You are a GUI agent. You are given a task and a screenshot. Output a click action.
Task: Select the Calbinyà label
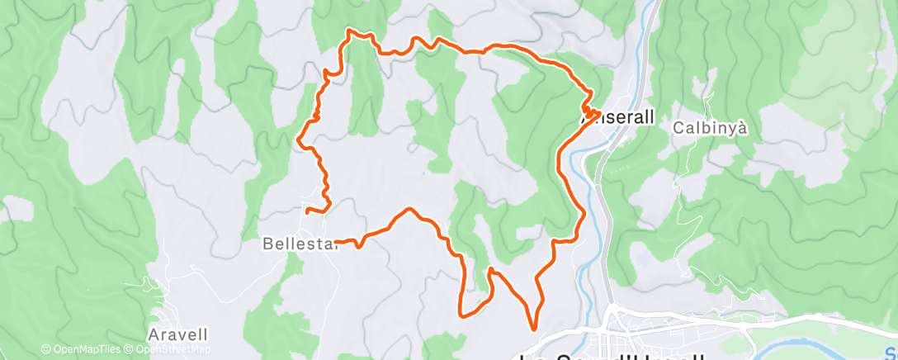click(x=710, y=128)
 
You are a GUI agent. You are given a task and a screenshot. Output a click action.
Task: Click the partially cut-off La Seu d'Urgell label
click(x=611, y=355)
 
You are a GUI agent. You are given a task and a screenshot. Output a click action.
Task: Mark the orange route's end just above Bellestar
click(x=308, y=212)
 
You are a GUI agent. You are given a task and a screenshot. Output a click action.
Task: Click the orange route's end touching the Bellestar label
click(x=339, y=242)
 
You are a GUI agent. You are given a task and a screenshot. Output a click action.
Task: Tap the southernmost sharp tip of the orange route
click(x=532, y=329)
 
